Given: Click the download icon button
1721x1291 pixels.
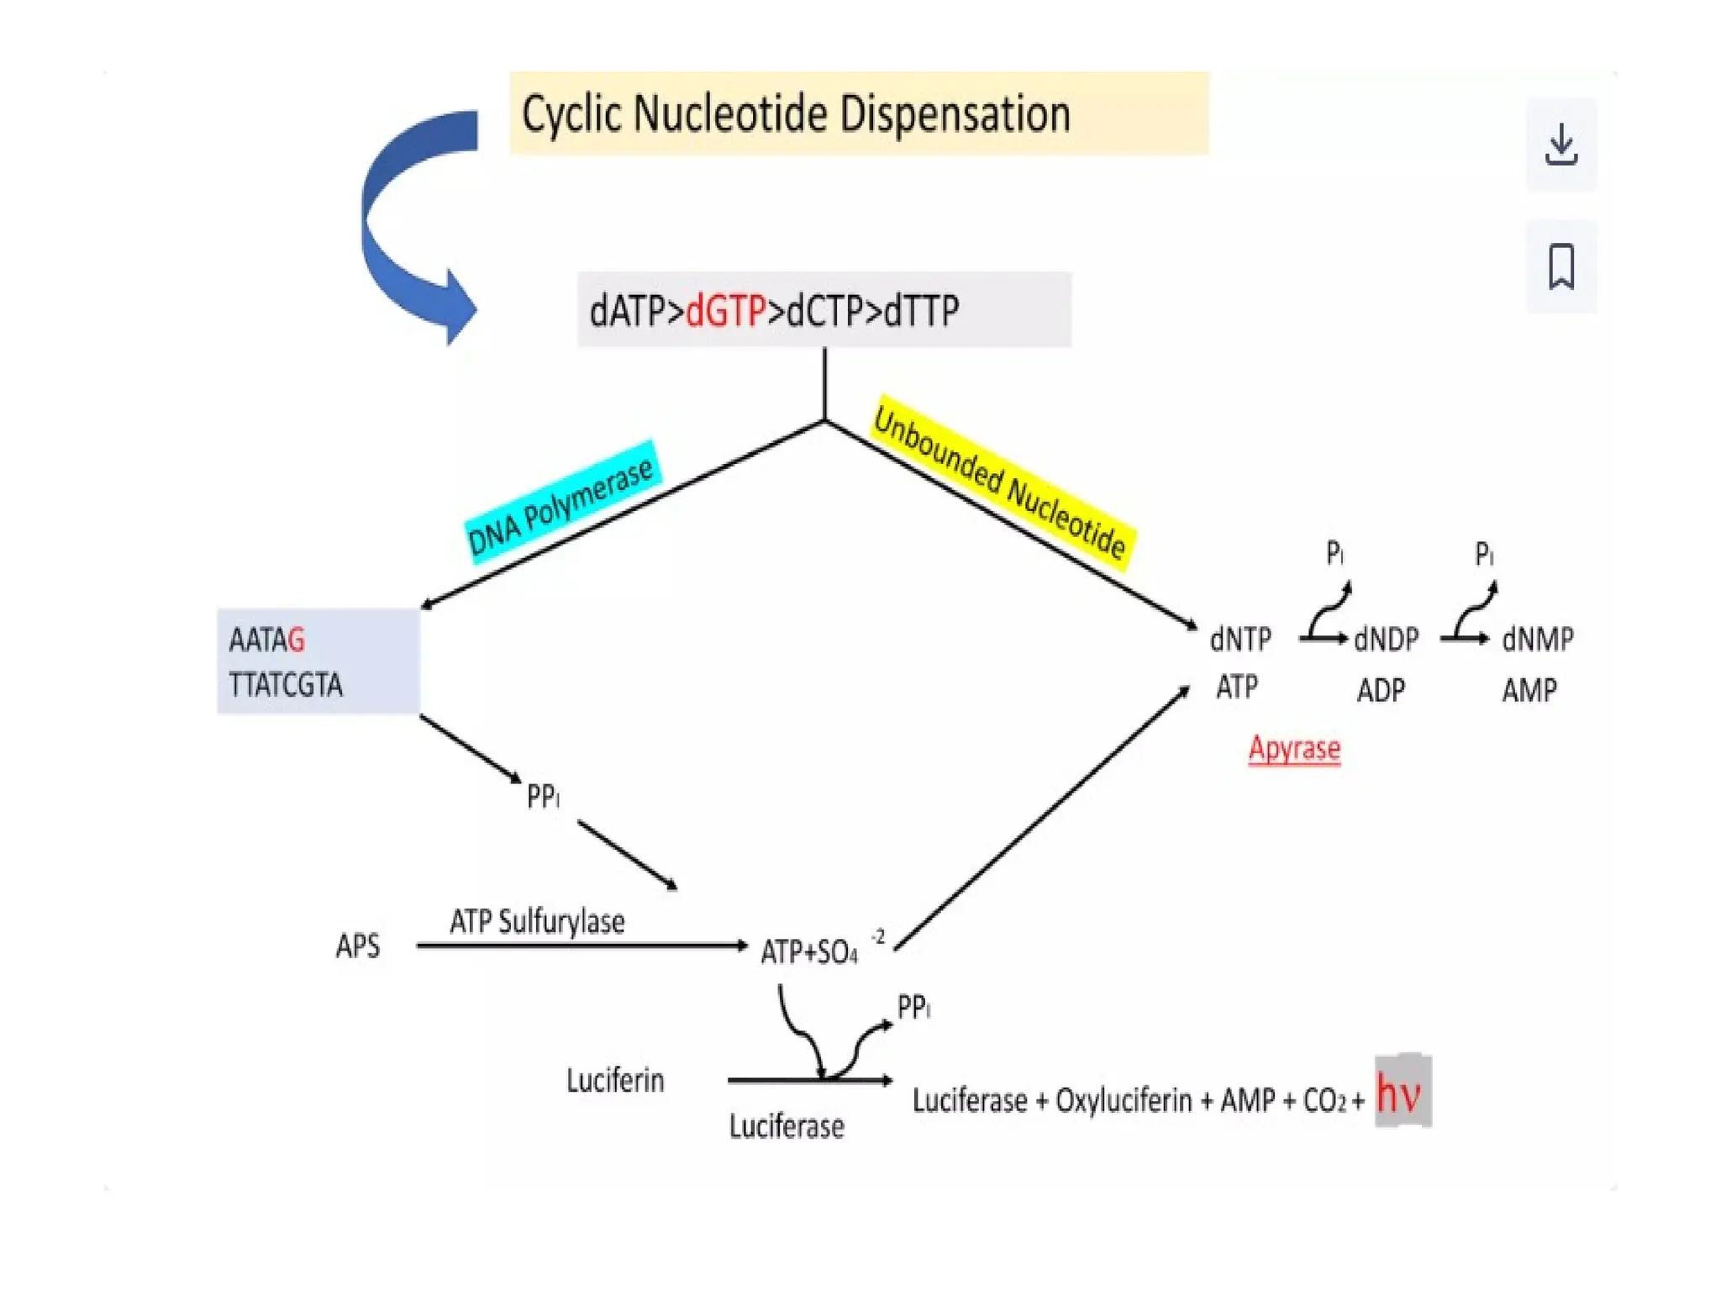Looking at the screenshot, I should coord(1560,145).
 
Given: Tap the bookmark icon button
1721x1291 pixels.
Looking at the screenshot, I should coord(1560,266).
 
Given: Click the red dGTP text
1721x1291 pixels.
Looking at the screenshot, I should coord(725,311).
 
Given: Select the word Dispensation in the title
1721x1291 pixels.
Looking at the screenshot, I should coord(955,114).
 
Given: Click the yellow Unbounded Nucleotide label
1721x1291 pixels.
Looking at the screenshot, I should coord(1000,484).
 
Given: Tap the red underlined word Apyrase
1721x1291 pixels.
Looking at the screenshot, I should coord(1294,748).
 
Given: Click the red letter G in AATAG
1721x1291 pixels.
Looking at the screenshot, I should coord(296,640).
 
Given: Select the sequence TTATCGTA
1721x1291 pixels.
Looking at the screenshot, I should coord(286,685).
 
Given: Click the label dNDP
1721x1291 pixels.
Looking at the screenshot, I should coord(1387,640).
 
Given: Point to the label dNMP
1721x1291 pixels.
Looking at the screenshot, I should coord(1537,640).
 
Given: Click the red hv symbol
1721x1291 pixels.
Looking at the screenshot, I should coord(1401,1093).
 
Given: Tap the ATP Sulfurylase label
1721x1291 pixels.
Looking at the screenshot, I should coord(537,922).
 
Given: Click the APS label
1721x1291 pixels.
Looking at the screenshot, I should coord(357,946).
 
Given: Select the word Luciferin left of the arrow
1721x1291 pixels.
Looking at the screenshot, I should coord(615,1081).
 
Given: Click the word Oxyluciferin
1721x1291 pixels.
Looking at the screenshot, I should coord(1124,1100).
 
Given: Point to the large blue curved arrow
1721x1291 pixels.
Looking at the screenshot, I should coord(395,227).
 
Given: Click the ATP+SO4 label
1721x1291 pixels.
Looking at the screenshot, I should coord(809,952).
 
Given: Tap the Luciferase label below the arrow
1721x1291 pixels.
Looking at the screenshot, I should coord(786,1126).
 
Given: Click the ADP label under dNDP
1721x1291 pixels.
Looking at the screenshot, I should coord(1381,691).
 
